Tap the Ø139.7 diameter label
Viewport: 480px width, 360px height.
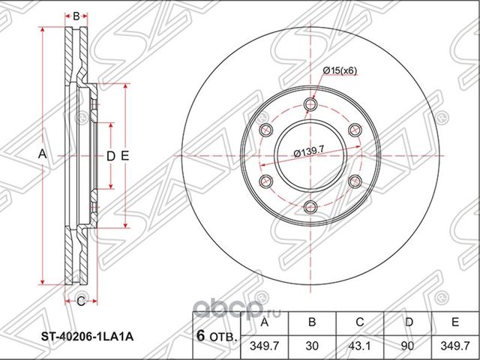(308, 151)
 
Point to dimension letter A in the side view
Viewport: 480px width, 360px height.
(43, 154)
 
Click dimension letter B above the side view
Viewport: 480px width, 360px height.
(76, 15)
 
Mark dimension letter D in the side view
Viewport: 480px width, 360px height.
(110, 156)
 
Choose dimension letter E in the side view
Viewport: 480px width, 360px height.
(126, 156)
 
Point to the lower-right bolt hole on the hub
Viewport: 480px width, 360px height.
(355, 181)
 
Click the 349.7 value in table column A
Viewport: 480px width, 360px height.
(261, 347)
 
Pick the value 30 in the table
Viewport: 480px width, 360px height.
(310, 347)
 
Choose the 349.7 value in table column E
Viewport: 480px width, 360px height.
(455, 347)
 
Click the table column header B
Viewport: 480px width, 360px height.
(310, 322)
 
